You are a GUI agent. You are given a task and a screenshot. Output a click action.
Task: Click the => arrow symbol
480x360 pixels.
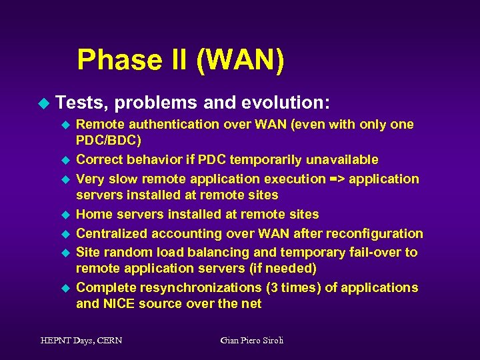tap(335, 179)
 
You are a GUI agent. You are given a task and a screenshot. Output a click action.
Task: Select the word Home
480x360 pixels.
tap(93, 215)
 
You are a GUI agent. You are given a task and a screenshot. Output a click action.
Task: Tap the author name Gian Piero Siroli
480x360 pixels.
tap(251, 341)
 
